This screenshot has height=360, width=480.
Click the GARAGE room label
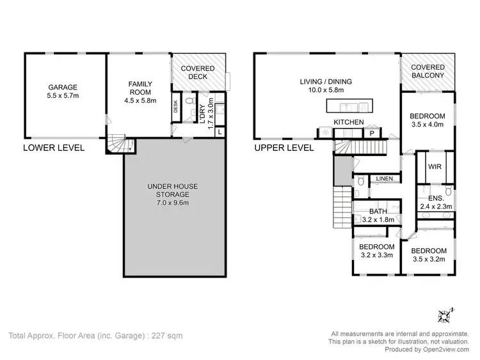click(63, 87)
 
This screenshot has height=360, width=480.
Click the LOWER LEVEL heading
click(54, 147)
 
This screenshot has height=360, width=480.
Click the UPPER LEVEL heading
click(284, 147)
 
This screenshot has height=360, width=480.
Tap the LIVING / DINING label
click(326, 81)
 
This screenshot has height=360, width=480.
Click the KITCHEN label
click(349, 122)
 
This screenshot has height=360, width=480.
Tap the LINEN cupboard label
click(384, 178)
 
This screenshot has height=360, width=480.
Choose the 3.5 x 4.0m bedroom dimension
click(428, 125)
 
